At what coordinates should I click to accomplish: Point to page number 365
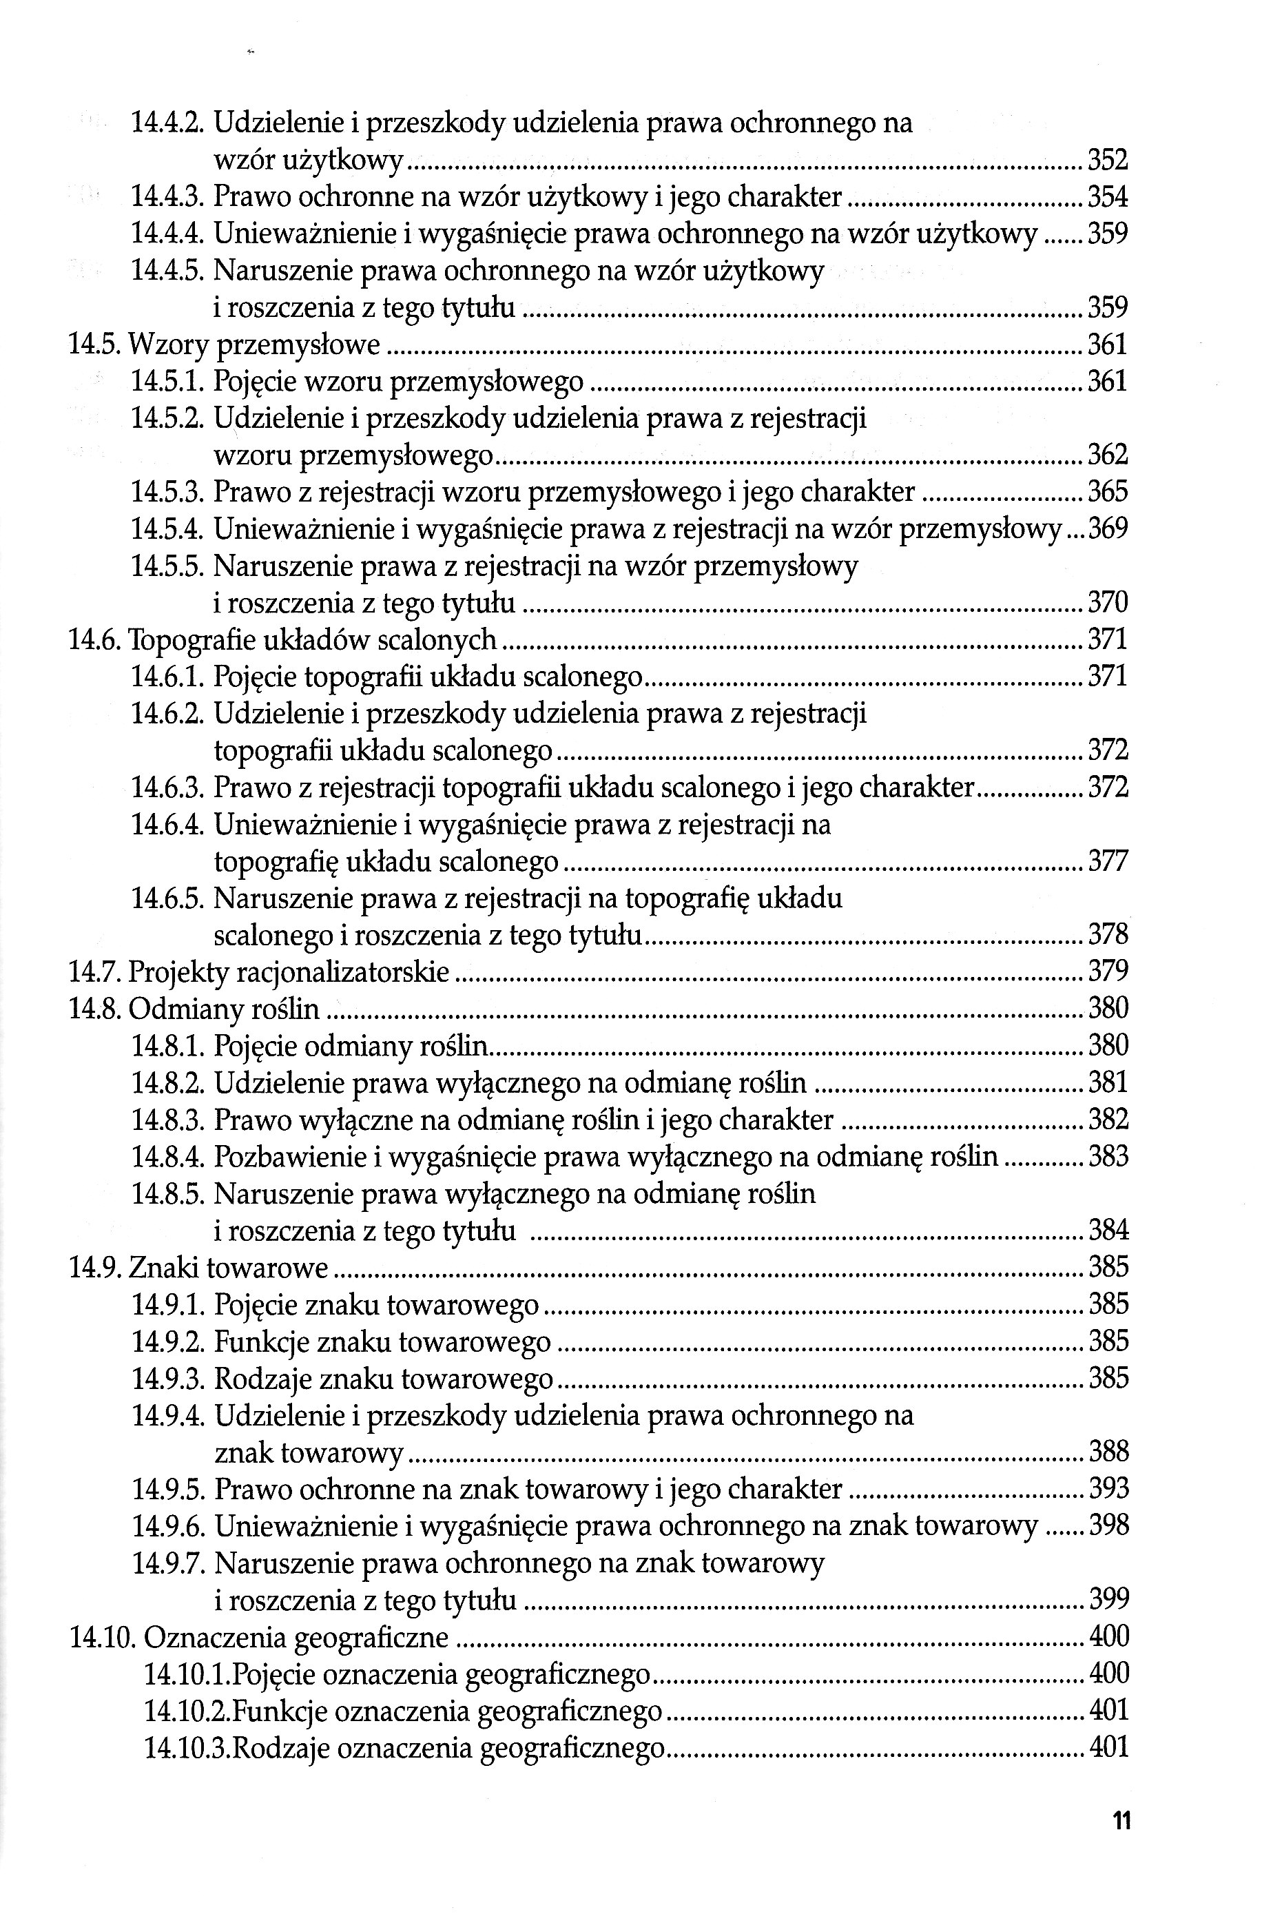(1108, 492)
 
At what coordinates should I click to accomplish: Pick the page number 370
(1108, 602)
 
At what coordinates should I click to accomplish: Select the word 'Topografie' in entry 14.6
(189, 640)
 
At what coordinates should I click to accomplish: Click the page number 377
(1108, 862)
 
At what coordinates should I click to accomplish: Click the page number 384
(1108, 1231)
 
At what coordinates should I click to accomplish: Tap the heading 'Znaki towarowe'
(229, 1268)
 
